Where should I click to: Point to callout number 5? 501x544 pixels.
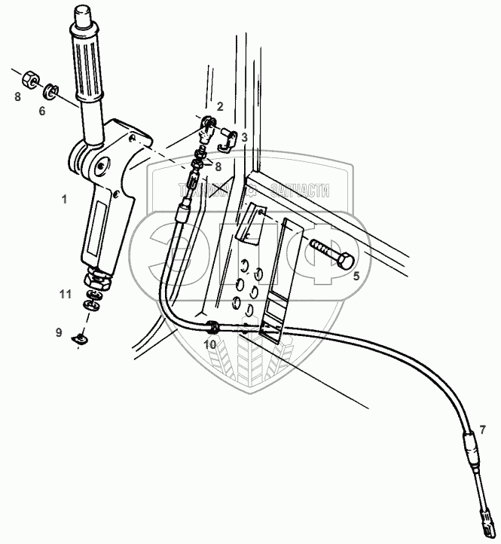(x=357, y=277)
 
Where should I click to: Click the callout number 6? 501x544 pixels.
(x=42, y=111)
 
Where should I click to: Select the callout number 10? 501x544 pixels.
(x=210, y=344)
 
